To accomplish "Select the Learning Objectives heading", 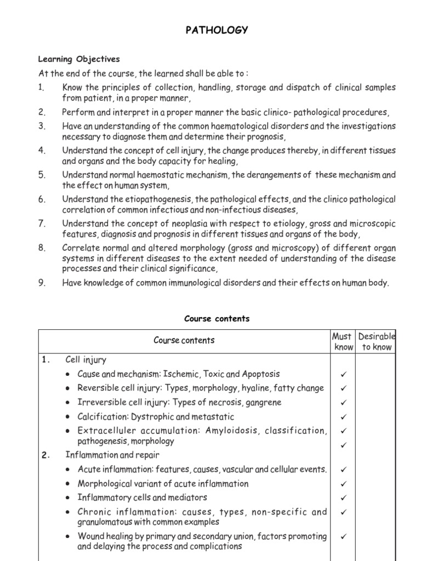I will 79,59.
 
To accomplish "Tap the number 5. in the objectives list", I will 42,175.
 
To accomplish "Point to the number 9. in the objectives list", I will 42,283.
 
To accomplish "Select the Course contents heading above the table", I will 217,318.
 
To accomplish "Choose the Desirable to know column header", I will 376,341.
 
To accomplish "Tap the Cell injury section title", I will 86,360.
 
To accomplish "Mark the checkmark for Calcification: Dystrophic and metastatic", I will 344,417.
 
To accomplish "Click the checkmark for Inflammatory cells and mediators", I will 344,498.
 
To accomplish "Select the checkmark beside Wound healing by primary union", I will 344,536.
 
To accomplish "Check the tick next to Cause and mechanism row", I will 344,374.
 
